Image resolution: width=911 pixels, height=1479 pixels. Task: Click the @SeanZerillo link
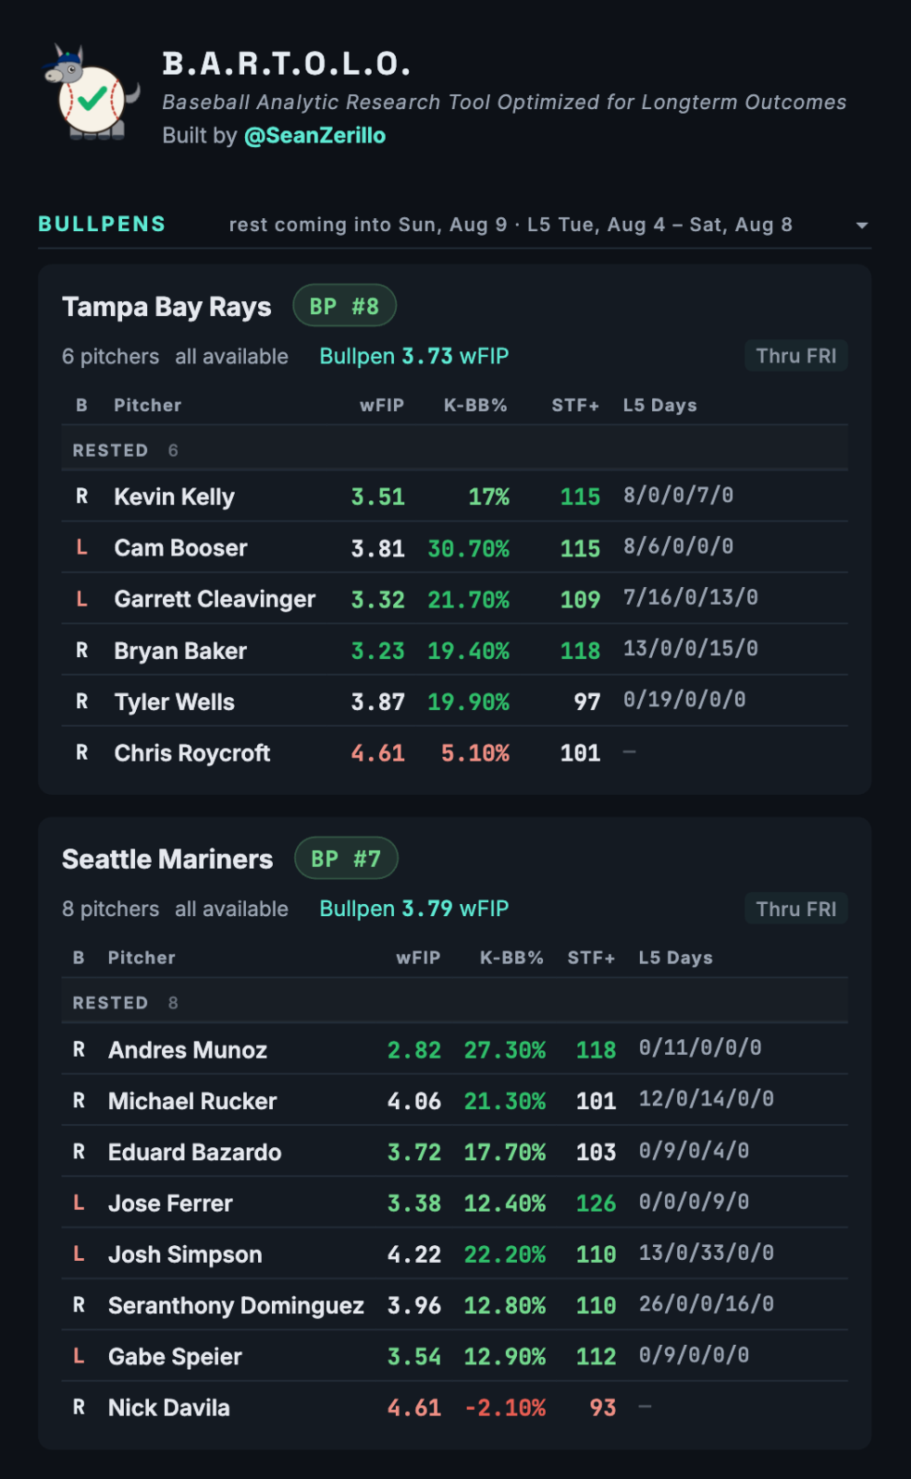pos(314,135)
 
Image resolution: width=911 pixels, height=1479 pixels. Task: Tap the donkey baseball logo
pos(92,92)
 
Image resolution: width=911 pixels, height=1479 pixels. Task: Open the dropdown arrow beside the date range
pos(861,226)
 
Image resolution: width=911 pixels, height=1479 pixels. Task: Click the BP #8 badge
pos(344,306)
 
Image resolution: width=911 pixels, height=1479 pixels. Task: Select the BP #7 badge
pos(346,859)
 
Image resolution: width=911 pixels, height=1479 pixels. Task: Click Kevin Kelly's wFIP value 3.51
pos(377,496)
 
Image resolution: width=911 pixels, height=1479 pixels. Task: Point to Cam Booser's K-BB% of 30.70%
pos(468,548)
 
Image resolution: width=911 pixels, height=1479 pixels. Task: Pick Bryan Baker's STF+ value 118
pos(580,651)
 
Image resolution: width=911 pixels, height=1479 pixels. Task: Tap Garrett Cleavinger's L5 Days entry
pos(690,597)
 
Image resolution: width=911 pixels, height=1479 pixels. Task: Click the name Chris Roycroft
pos(191,752)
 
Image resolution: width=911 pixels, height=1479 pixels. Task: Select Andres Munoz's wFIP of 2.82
pos(413,1050)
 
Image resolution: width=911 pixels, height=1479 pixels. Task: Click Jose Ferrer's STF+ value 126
pos(596,1203)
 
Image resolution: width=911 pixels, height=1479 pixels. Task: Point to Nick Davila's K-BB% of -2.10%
pos(505,1408)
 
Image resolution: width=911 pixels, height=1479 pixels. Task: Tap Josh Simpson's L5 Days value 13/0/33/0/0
pos(706,1253)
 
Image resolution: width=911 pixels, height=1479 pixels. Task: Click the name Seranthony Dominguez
pos(236,1305)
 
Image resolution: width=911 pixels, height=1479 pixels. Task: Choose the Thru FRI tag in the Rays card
pos(796,356)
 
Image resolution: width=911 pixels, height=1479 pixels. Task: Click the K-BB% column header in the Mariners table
pos(511,958)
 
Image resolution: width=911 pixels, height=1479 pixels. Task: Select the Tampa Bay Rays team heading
pos(166,307)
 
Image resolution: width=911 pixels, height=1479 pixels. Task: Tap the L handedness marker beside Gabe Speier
pos(79,1355)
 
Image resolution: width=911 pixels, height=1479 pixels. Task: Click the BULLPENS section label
pos(102,225)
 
